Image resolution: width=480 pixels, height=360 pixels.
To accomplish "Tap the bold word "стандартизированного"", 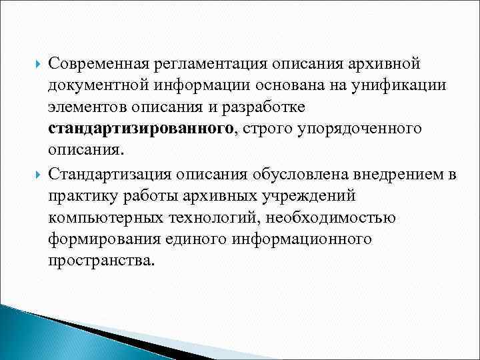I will coord(139,128).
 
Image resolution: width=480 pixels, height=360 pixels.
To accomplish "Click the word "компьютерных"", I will coord(95,217).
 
